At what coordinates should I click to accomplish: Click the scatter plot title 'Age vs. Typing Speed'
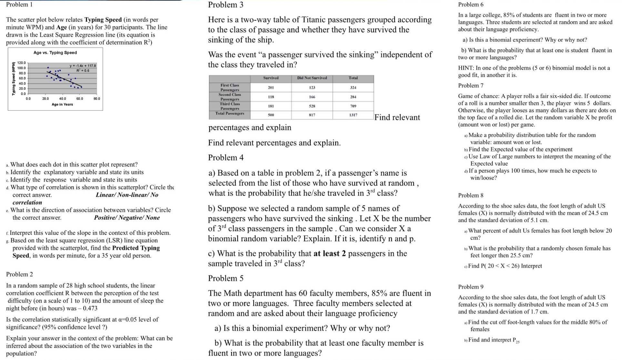click(x=55, y=53)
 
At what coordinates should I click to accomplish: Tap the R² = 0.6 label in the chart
click(x=83, y=70)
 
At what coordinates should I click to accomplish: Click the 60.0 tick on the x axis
click(x=79, y=99)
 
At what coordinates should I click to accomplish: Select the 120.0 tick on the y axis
click(x=21, y=63)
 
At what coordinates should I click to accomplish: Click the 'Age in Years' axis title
click(x=62, y=105)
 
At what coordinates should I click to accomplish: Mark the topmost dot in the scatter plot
click(x=48, y=68)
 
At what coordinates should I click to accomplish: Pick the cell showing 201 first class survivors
click(x=271, y=87)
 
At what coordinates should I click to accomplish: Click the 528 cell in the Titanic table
click(x=312, y=106)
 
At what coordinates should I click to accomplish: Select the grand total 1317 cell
click(x=353, y=115)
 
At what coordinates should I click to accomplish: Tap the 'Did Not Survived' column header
click(x=312, y=78)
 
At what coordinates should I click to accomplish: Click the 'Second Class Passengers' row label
click(x=229, y=97)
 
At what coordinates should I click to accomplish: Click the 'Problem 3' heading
click(x=226, y=5)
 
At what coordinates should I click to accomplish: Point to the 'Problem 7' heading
click(x=470, y=85)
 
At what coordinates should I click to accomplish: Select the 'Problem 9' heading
click(x=470, y=287)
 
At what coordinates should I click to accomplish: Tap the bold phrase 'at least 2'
click(x=329, y=254)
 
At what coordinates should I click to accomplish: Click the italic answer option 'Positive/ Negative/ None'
click(x=127, y=218)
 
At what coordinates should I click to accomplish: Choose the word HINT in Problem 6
click(x=465, y=68)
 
